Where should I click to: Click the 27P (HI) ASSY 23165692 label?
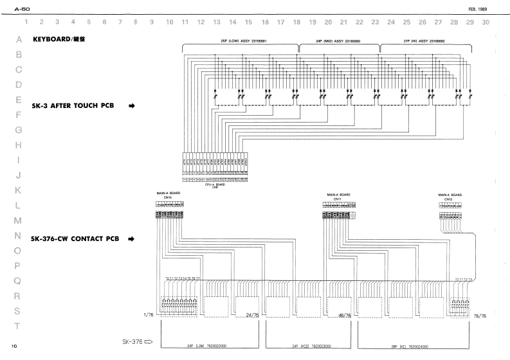pyautogui.click(x=419, y=40)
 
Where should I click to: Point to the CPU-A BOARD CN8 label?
pyautogui.click(x=214, y=184)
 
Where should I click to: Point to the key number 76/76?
pyautogui.click(x=480, y=316)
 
